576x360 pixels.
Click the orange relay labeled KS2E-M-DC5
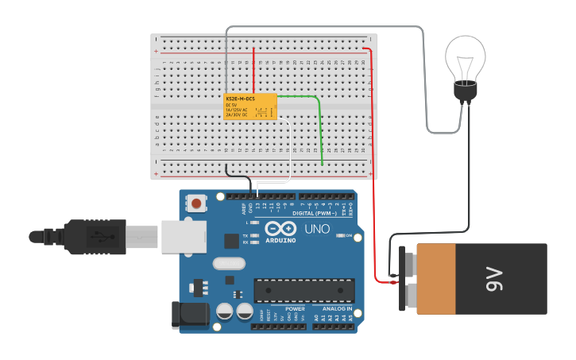click(x=249, y=106)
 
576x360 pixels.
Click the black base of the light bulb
click(x=465, y=93)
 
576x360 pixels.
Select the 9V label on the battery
click(x=493, y=279)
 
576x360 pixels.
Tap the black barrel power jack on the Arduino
click(x=191, y=315)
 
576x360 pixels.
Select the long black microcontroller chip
click(x=303, y=290)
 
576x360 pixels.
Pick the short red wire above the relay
click(x=253, y=70)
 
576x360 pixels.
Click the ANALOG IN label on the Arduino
click(x=338, y=308)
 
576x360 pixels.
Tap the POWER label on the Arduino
click(x=295, y=308)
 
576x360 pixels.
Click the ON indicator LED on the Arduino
click(x=340, y=236)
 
